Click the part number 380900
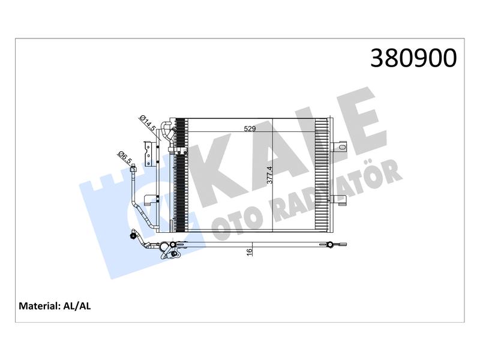point(413,58)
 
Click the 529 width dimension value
point(250,129)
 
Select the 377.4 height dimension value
point(269,175)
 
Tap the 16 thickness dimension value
point(250,252)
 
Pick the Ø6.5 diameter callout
point(125,158)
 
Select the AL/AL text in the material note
point(77,306)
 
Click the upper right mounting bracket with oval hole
point(339,146)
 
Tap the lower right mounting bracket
point(339,200)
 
